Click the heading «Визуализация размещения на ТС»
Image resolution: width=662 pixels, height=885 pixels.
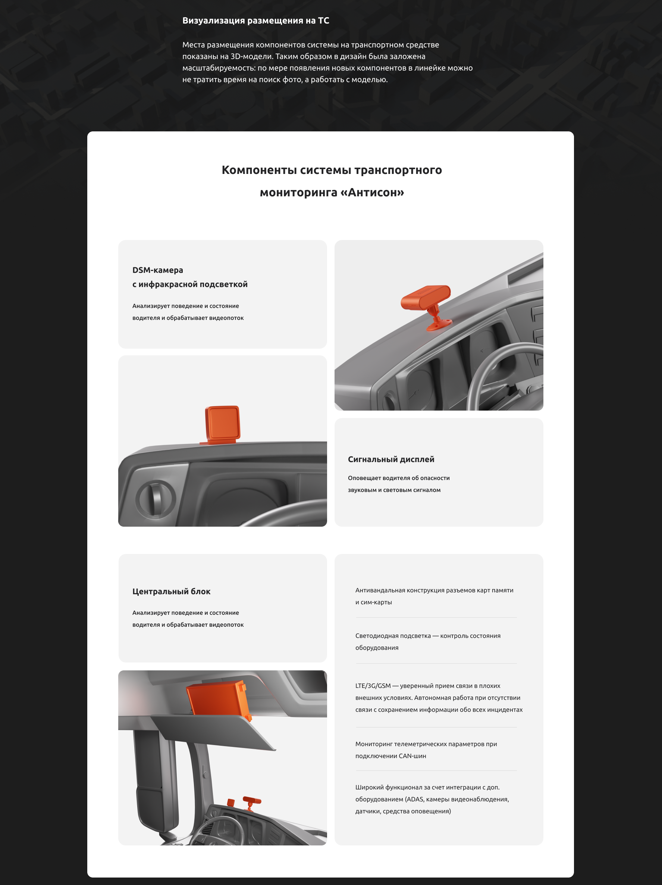pos(256,21)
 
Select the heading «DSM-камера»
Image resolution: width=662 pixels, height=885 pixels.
pos(157,270)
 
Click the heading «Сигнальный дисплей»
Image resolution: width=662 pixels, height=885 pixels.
pos(391,459)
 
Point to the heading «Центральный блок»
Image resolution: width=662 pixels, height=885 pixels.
pos(171,591)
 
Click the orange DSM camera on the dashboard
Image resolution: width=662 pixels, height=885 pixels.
pos(426,297)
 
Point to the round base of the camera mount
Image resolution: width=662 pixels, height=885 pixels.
pos(439,324)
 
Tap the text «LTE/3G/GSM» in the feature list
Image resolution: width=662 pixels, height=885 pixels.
pos(373,686)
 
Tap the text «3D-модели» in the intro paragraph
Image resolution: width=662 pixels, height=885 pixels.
pos(251,56)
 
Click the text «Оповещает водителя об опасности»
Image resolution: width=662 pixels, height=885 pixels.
pos(399,478)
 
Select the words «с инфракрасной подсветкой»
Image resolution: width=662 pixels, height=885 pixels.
pos(190,284)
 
